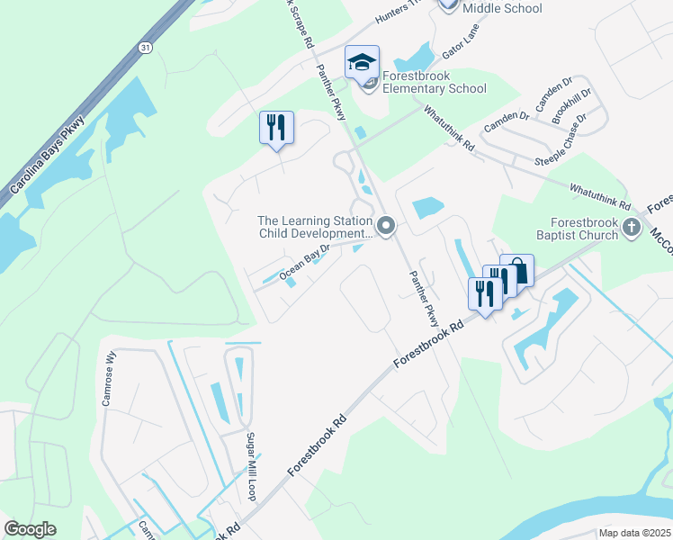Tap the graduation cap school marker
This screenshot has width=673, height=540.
coord(362,63)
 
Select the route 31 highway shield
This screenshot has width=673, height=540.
coord(145,46)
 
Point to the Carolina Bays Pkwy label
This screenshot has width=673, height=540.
coord(47,155)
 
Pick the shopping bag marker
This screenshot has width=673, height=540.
coord(517,269)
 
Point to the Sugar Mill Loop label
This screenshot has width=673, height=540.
coord(252,465)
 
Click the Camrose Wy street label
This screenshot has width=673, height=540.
coord(112,378)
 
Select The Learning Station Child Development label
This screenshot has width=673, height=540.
coord(315,227)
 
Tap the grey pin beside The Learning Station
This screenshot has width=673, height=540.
coord(387,225)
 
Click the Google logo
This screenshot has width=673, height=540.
coord(30,529)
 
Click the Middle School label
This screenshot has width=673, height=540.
coord(502,8)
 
